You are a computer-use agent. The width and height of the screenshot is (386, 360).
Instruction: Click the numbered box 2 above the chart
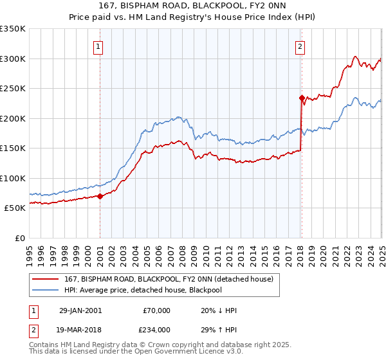(x=300, y=46)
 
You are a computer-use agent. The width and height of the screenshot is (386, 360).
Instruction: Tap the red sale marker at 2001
(x=100, y=196)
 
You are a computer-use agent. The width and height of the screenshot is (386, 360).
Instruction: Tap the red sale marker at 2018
(x=301, y=98)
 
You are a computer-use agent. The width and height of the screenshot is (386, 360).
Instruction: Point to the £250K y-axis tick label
(x=13, y=88)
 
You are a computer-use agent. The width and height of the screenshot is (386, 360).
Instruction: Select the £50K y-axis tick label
(x=15, y=208)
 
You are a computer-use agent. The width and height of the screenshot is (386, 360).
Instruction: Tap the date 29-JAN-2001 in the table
(x=80, y=310)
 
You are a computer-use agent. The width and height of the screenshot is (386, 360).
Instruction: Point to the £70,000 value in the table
(x=156, y=310)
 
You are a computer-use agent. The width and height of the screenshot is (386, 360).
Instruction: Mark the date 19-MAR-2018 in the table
(x=80, y=329)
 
